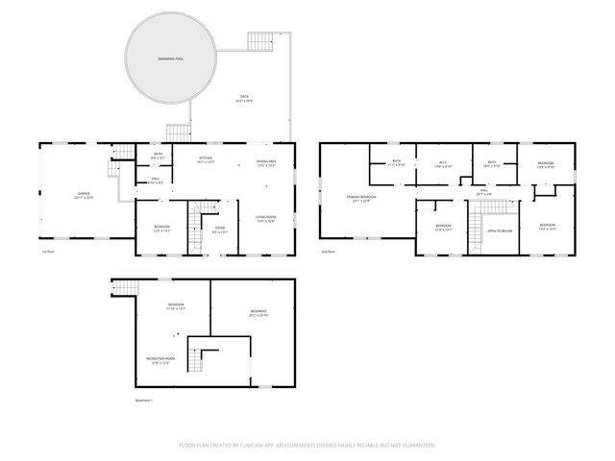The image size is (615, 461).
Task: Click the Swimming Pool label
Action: point(173,59)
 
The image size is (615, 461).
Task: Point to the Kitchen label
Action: point(206,160)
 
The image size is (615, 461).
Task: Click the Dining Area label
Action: point(266,163)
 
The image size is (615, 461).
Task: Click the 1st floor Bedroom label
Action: point(161,229)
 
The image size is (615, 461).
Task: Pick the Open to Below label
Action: point(498,230)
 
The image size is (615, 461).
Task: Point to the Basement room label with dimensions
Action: point(258,313)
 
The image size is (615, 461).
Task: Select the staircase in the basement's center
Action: point(197,361)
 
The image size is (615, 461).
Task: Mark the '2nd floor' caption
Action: point(329,252)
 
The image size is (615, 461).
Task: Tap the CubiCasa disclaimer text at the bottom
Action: point(307,445)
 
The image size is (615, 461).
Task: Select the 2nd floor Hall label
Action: point(484,192)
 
